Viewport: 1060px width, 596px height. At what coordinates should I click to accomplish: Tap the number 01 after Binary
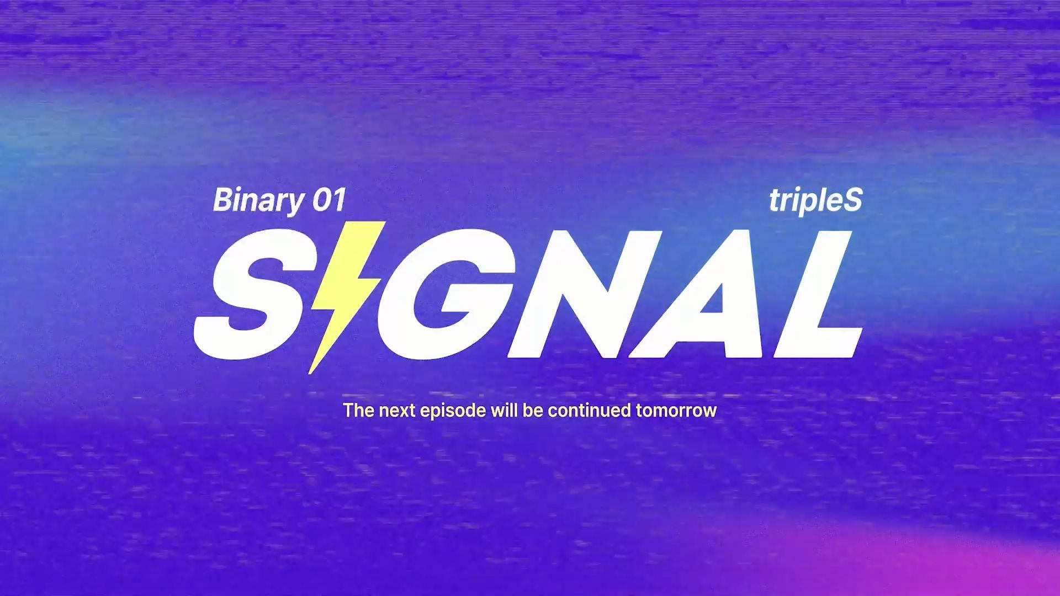[x=329, y=200]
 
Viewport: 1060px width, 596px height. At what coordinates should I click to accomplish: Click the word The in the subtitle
[x=359, y=411]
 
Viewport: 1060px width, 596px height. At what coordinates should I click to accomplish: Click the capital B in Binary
[x=222, y=200]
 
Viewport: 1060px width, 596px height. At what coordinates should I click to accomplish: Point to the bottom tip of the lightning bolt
[x=309, y=374]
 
